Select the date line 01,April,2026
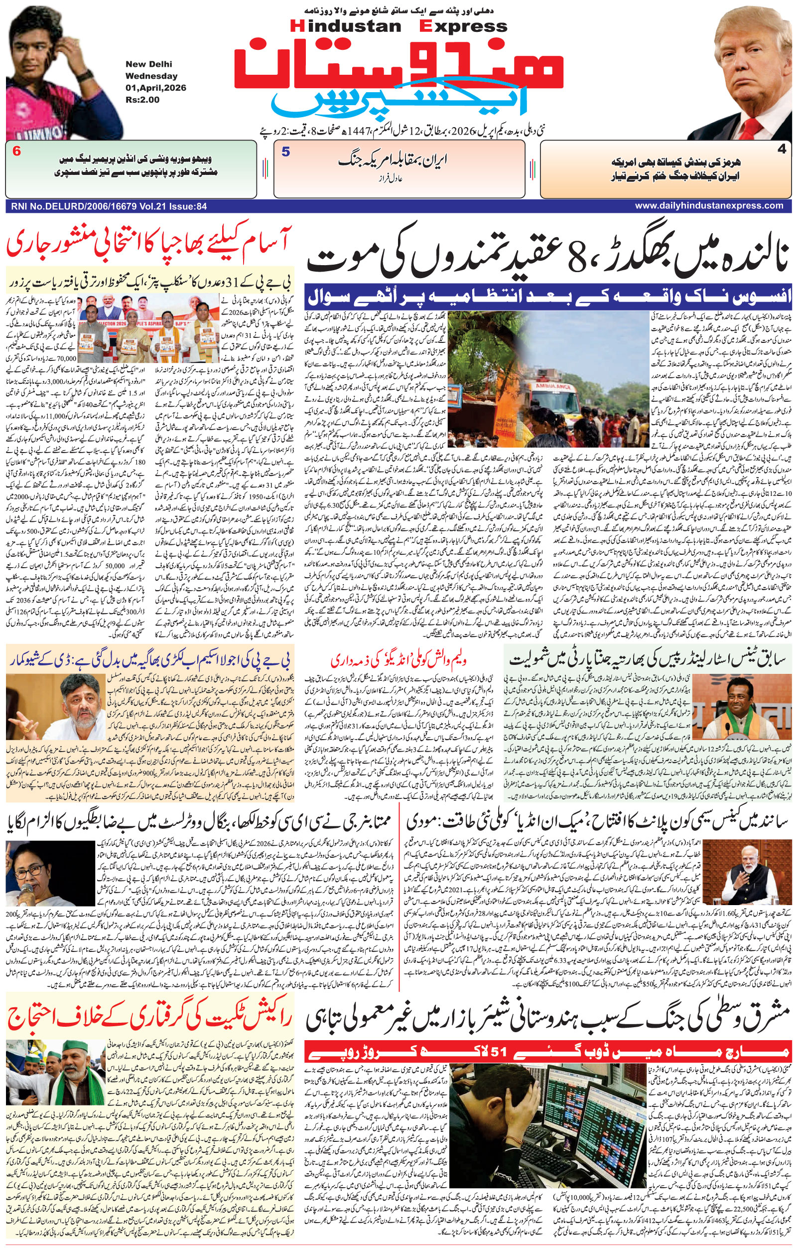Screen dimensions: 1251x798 [x=155, y=88]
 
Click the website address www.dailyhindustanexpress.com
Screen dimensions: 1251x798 [x=709, y=206]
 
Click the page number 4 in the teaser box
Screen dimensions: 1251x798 [x=782, y=150]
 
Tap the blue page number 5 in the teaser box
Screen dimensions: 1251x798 [x=285, y=152]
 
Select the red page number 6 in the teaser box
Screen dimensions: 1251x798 [x=16, y=152]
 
